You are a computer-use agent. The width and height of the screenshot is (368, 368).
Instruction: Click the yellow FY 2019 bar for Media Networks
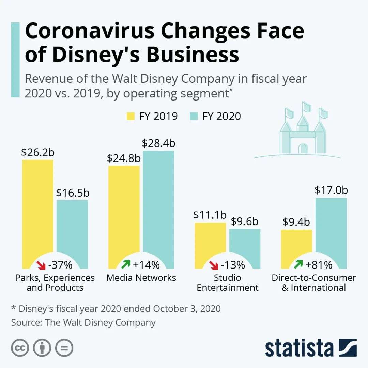point(124,211)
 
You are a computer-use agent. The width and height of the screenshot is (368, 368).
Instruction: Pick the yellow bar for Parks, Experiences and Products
point(38,208)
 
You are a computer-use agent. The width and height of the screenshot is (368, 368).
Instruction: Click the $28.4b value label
point(158,143)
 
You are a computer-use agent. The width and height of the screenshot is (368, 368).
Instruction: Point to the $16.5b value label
point(73,193)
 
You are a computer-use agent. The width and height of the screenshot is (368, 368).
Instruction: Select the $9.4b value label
point(296,222)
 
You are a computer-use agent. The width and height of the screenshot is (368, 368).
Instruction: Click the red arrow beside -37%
point(41,264)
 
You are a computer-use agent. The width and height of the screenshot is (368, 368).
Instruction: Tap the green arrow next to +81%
point(298,264)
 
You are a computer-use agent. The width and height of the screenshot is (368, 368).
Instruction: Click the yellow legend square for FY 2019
point(131,116)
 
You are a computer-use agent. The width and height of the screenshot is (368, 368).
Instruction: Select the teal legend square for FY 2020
point(193,116)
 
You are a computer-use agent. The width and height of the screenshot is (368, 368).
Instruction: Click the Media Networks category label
point(141,278)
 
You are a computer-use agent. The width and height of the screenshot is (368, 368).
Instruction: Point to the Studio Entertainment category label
point(228,282)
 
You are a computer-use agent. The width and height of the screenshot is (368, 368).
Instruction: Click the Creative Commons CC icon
point(20,348)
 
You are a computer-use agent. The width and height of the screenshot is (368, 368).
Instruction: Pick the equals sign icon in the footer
point(64,348)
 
